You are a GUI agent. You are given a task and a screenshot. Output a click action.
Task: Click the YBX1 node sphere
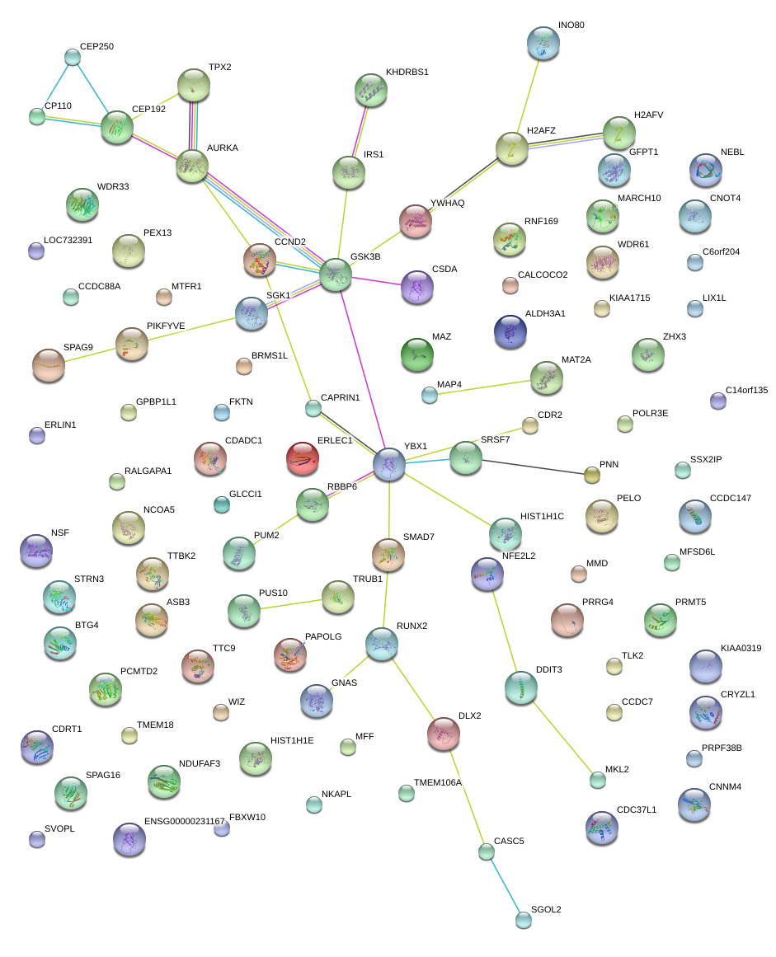(x=388, y=464)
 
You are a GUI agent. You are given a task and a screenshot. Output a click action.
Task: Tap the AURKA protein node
(x=192, y=165)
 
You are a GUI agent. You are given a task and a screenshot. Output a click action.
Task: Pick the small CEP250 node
(x=73, y=57)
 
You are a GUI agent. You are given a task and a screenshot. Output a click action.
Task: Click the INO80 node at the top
(x=543, y=42)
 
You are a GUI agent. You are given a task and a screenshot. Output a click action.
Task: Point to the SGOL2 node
(x=523, y=919)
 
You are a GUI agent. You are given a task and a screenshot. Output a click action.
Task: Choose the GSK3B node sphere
(x=336, y=274)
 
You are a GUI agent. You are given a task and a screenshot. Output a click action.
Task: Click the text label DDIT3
(x=549, y=669)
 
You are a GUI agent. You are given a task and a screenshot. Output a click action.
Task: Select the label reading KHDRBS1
(x=407, y=73)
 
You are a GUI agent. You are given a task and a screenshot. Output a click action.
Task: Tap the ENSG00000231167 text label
(x=185, y=822)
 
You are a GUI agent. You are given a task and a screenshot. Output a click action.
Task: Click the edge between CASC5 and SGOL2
(x=505, y=885)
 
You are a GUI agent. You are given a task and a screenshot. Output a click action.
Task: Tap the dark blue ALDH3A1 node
(x=510, y=331)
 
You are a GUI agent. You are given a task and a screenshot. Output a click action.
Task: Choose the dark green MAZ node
(x=416, y=354)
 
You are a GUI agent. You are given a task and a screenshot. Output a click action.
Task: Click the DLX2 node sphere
(x=444, y=734)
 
